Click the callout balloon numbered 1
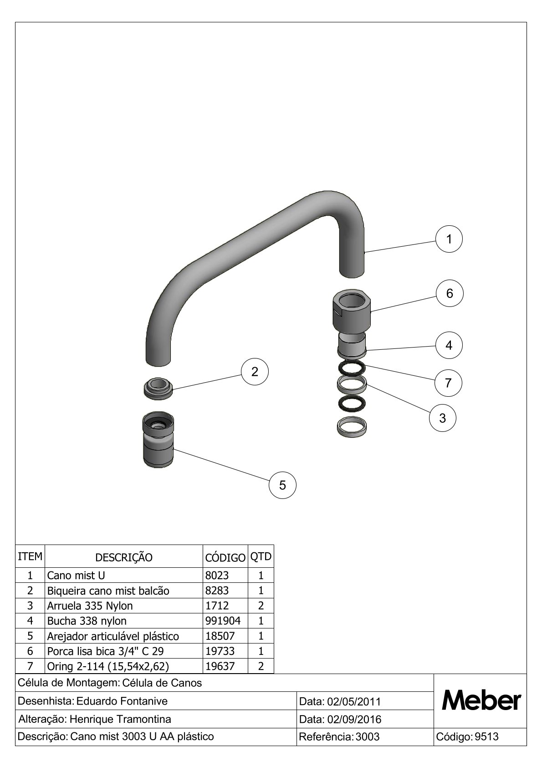click(x=449, y=239)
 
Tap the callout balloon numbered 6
click(x=449, y=294)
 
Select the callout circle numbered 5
click(x=282, y=485)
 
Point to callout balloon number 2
click(x=255, y=372)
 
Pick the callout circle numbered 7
click(x=448, y=383)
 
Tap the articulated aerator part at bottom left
click(x=158, y=440)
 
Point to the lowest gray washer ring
click(x=352, y=426)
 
